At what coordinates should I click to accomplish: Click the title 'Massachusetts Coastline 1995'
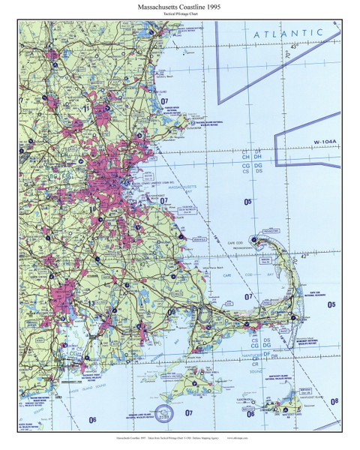tap(179, 6)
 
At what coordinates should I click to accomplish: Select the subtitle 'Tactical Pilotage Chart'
tap(179, 15)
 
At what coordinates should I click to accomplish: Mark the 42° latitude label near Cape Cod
tap(303, 255)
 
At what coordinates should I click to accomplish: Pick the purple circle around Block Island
tap(162, 412)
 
